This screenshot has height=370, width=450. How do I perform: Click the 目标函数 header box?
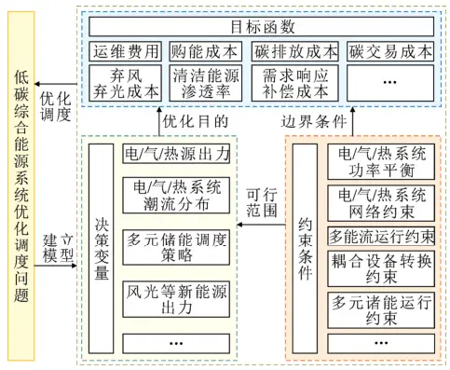262,27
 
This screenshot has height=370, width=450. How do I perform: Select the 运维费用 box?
126,51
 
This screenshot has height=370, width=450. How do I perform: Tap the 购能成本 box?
205,51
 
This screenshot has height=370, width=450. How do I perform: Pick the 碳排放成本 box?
295,51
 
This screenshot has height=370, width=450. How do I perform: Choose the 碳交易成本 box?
390,51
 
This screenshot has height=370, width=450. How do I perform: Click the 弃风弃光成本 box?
126,83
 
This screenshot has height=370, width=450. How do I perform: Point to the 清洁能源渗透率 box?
205,83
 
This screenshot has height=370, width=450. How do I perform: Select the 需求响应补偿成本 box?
295,83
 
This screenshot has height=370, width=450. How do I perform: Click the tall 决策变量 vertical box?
102,249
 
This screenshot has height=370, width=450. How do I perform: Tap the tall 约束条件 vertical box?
305,249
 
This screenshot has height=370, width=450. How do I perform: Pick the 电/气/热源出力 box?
176,154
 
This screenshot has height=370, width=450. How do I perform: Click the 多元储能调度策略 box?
176,247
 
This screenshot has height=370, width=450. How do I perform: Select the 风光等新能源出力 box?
176,299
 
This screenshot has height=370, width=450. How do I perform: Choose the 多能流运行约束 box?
381,236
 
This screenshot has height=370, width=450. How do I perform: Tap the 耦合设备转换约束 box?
381,268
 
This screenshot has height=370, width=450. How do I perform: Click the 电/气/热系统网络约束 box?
381,203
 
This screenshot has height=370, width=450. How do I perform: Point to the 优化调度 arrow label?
56,106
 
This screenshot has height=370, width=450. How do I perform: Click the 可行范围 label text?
262,202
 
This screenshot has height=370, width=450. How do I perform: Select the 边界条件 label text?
314,121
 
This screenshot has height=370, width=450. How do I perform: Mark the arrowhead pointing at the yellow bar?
36,84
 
